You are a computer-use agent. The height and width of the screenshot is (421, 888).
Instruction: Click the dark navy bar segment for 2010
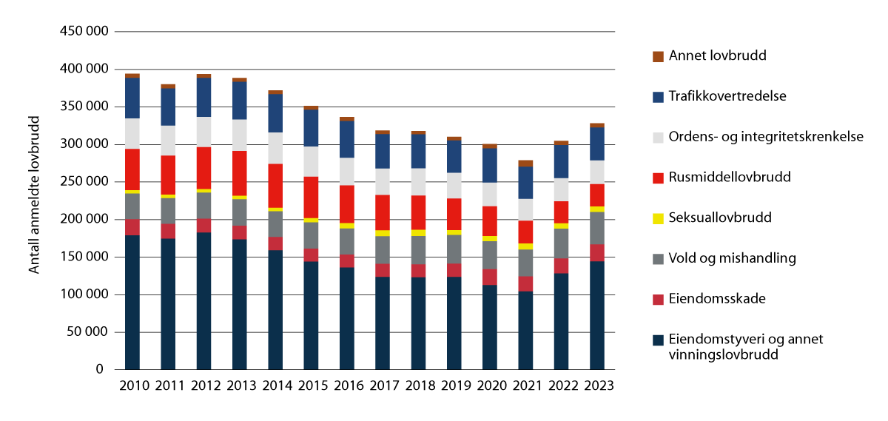(132, 302)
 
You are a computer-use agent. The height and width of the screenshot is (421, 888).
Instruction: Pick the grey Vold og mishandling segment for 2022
(562, 243)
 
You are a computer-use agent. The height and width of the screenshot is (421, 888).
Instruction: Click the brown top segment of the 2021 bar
(525, 164)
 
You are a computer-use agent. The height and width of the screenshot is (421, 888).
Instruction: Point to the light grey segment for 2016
(347, 172)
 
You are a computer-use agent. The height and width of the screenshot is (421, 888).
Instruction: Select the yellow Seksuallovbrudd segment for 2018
(419, 233)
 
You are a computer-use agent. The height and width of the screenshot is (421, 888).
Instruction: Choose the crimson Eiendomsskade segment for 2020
(490, 277)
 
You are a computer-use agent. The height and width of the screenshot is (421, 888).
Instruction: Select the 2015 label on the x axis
(312, 386)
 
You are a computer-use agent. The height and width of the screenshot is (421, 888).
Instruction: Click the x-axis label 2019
(454, 386)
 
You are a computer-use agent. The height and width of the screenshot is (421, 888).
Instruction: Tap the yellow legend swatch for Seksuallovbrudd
(658, 218)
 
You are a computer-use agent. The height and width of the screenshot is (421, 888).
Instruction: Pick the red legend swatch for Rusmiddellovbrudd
(658, 178)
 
